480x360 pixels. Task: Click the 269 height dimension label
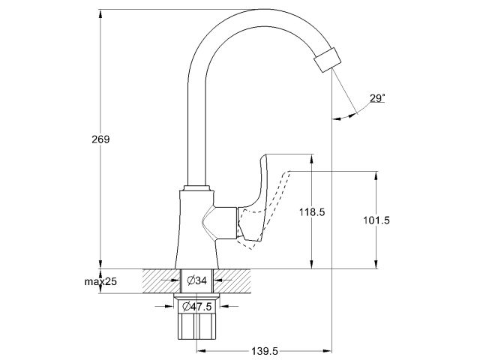pos(100,139)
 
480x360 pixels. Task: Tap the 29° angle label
pos(377,98)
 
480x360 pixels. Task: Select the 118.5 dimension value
pos(312,213)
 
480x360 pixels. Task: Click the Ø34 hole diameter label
pos(196,281)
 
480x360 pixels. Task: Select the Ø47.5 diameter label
pos(196,307)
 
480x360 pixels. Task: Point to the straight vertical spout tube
pos(196,127)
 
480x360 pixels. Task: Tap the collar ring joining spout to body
pos(196,187)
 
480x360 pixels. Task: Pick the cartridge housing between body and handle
pos(223,223)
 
